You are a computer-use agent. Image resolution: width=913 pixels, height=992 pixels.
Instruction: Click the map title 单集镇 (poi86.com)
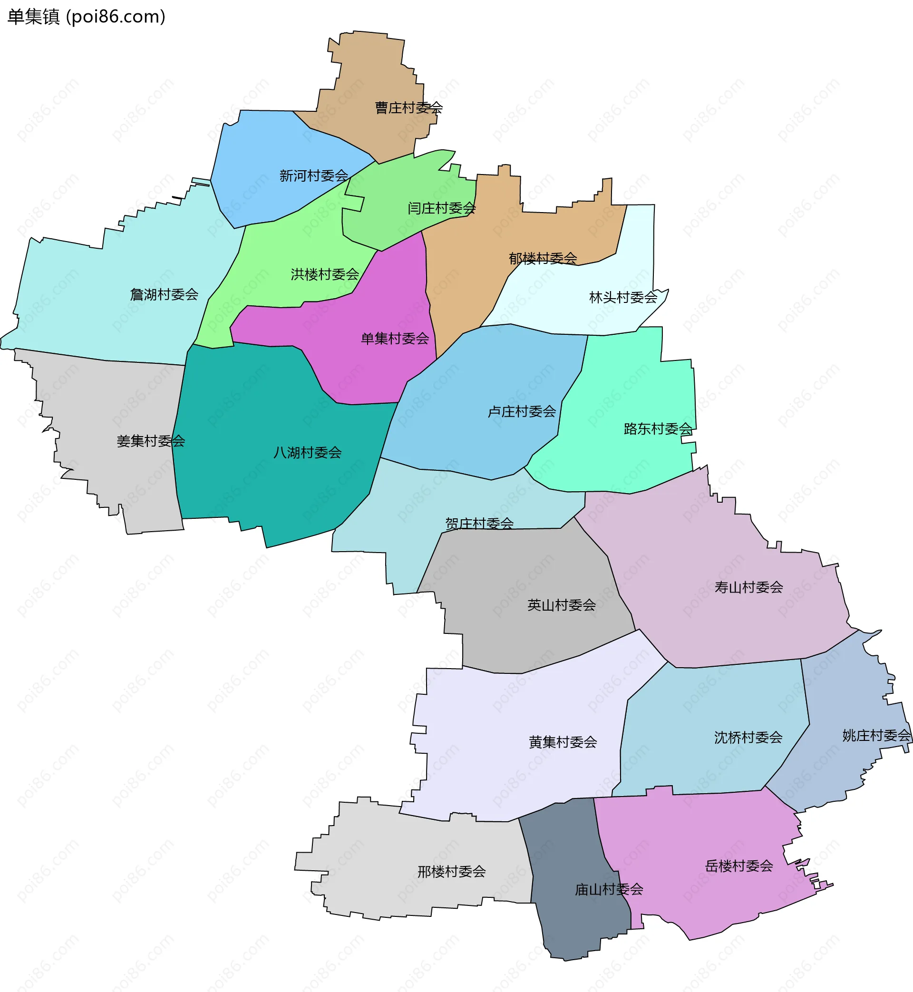coord(87,17)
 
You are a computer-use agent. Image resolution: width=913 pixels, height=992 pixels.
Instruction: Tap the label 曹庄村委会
coord(408,107)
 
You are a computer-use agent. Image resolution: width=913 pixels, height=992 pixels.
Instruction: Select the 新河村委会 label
coord(314,175)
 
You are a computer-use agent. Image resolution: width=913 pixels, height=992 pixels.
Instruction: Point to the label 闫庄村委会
coord(442,208)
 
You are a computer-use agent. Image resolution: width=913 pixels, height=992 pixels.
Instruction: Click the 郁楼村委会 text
coord(543,258)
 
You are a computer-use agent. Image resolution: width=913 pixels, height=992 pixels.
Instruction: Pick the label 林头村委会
coord(623,297)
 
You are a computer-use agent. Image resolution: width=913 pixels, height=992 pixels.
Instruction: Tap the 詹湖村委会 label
coord(164,294)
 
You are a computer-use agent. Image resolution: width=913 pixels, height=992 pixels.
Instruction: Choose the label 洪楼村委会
coord(325,274)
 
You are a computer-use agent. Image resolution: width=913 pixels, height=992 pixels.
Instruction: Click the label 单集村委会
coord(395,339)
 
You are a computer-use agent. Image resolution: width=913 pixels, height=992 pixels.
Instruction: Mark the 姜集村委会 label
coord(151,441)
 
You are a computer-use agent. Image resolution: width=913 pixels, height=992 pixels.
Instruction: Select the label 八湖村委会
coord(307,452)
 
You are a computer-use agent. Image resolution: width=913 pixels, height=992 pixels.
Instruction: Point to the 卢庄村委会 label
coord(522,411)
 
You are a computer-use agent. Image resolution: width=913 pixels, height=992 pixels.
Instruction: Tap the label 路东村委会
coord(658,428)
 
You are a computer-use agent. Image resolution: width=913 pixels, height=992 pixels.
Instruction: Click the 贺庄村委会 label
coord(479,523)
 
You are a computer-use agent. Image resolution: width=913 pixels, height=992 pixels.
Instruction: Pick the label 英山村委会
coord(561,605)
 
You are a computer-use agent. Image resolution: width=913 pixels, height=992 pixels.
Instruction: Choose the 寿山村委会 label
coord(748,587)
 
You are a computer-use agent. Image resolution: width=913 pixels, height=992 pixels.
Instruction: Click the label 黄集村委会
coord(563,741)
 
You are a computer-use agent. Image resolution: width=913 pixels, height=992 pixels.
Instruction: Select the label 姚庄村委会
coord(876,735)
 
